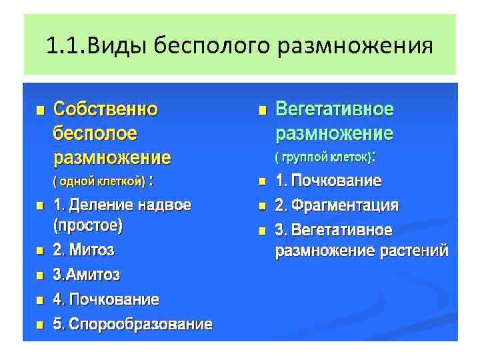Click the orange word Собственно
pos(105,109)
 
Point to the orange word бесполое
pos(95,134)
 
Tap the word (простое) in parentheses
pos(87,225)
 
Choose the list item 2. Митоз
pos(83,251)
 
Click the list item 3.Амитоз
pos(87,275)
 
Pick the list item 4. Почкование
pos(106,299)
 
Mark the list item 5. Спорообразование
pos(133,325)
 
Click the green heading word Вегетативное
pos(335,109)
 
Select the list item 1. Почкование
pos(329,181)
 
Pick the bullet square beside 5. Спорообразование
pos(40,325)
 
